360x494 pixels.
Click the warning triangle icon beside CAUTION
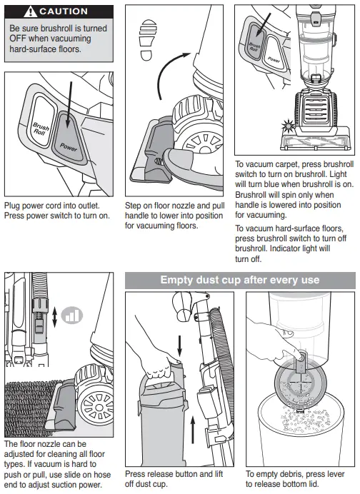(30, 11)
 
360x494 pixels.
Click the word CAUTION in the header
(64, 11)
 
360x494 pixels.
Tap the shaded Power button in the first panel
(69, 138)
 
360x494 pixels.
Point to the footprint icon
(148, 40)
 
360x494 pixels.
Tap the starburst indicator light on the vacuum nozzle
(288, 126)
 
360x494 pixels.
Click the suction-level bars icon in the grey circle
(72, 315)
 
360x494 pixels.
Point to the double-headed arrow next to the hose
(55, 317)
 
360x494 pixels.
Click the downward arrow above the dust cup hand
(180, 346)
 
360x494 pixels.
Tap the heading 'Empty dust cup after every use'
(240, 280)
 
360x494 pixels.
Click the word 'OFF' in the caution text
(18, 39)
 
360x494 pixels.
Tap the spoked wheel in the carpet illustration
(96, 408)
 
